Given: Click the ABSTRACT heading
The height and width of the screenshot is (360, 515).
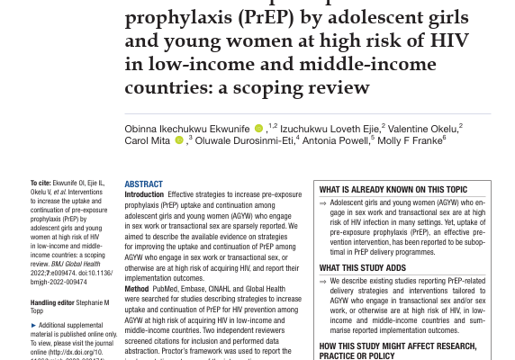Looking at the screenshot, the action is pyautogui.click(x=143, y=184).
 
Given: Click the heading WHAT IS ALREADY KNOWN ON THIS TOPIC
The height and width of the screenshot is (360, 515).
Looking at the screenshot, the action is pyautogui.click(x=393, y=190).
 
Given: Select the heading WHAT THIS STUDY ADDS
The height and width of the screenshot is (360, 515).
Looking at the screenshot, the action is pyautogui.click(x=362, y=268).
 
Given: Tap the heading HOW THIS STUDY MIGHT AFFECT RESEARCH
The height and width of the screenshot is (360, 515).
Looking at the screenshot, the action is pyautogui.click(x=397, y=346).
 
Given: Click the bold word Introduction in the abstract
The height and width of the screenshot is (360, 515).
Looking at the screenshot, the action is pyautogui.click(x=144, y=194).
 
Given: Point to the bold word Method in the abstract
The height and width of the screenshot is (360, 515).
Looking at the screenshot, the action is pyautogui.click(x=137, y=289).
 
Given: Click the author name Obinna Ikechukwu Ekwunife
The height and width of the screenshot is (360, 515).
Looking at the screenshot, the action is pyautogui.click(x=187, y=129).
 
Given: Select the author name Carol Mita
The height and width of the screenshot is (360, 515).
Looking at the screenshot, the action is pyautogui.click(x=147, y=140).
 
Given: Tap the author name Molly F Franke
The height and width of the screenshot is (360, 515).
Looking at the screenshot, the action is pyautogui.click(x=411, y=140).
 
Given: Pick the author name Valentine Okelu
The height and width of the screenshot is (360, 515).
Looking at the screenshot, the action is pyautogui.click(x=422, y=129).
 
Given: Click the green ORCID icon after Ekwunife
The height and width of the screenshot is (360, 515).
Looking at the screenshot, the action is pyautogui.click(x=258, y=129).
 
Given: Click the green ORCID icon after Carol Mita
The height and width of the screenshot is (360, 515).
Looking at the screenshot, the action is pyautogui.click(x=178, y=140).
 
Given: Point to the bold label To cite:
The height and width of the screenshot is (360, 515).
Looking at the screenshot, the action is pyautogui.click(x=41, y=184).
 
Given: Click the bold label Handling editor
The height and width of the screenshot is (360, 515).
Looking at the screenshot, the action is pyautogui.click(x=52, y=303).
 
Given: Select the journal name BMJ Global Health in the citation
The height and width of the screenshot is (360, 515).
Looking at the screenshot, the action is pyautogui.click(x=77, y=264).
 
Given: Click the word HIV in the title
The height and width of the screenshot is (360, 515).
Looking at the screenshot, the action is pyautogui.click(x=448, y=40).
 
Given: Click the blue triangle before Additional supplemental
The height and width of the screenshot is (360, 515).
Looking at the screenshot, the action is pyautogui.click(x=33, y=325).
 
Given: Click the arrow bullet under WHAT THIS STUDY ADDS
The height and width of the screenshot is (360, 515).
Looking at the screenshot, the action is pyautogui.click(x=323, y=281).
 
